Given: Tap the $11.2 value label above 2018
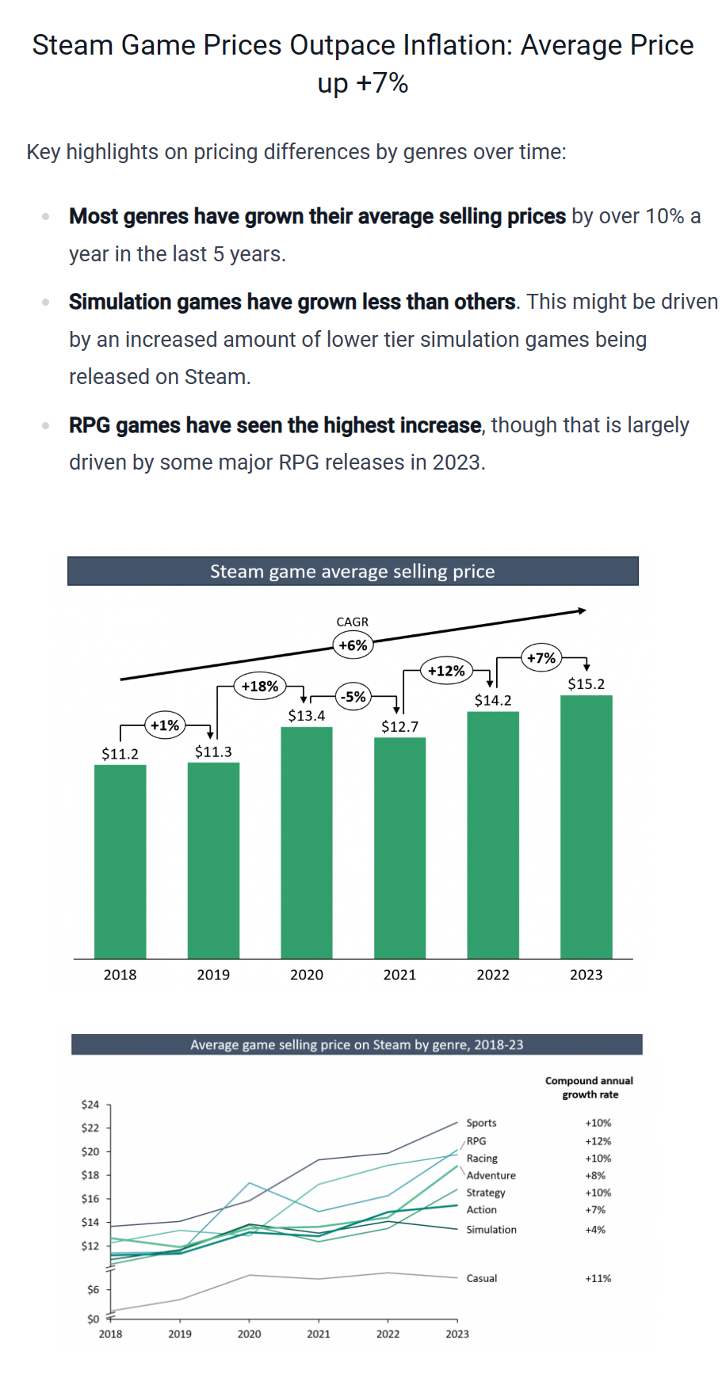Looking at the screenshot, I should [x=120, y=754].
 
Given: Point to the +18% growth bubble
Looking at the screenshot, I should [x=260, y=686].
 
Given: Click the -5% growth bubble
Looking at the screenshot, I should [x=353, y=697].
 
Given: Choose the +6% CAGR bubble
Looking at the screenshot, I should [x=353, y=645].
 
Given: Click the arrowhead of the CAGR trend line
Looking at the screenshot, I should [x=582, y=611].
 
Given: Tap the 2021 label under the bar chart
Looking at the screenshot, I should [x=399, y=975].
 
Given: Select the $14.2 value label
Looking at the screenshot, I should [x=493, y=700].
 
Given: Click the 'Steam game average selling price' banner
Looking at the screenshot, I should [x=353, y=571].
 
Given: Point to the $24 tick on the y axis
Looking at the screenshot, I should [x=90, y=1104].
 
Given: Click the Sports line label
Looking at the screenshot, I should [x=481, y=1123].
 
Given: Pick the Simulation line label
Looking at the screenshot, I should [x=491, y=1230].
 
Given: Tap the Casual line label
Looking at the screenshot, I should [x=482, y=1278].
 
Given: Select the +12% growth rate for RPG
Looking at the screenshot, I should [x=598, y=1141].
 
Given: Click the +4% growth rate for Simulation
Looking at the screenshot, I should [x=595, y=1230].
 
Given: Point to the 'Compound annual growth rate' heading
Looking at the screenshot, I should [x=590, y=1087].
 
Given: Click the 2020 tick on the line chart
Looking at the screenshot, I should [x=249, y=1334].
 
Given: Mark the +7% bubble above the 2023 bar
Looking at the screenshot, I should [x=541, y=658].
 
